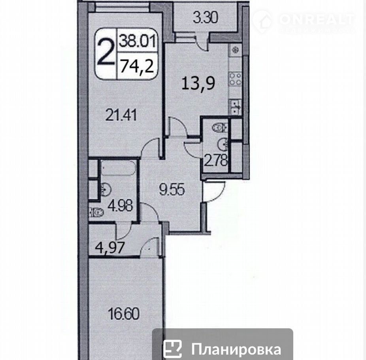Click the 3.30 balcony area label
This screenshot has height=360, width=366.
(206, 18)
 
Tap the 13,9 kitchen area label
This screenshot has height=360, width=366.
(198, 83)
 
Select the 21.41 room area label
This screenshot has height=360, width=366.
(121, 115)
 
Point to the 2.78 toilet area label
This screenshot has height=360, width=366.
(216, 161)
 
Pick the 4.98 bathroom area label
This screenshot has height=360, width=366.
(121, 206)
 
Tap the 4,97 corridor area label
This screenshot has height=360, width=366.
(110, 248)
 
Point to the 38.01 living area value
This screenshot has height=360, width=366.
(137, 42)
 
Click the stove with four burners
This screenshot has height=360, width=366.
(235, 79)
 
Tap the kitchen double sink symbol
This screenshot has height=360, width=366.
(235, 107)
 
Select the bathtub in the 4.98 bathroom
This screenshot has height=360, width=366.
(118, 168)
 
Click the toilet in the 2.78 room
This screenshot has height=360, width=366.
(220, 127)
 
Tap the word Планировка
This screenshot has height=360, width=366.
(236, 349)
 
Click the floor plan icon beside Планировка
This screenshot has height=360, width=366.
(172, 349)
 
